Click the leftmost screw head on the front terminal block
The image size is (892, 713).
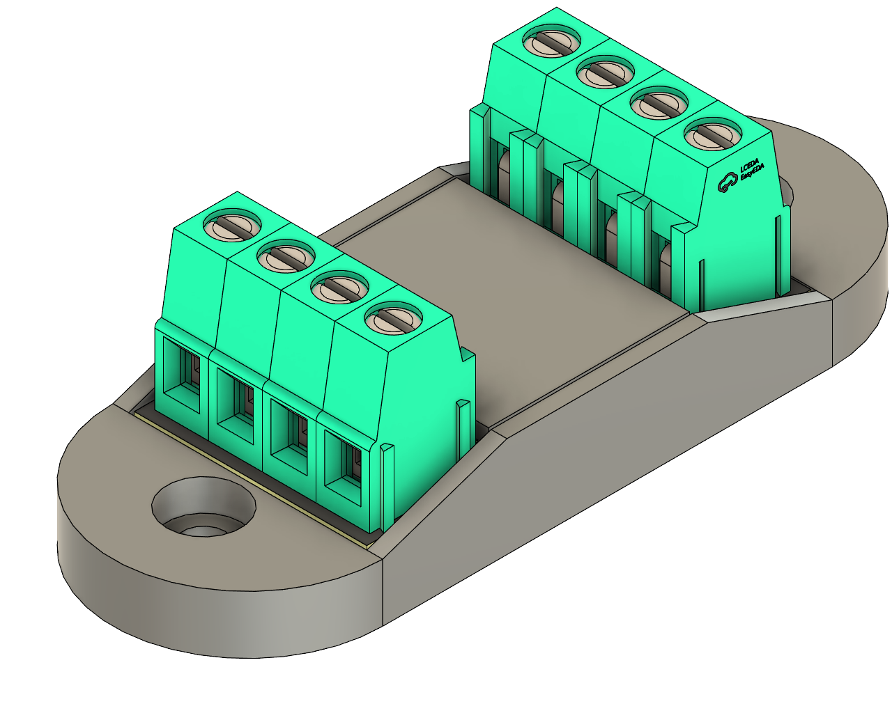pyautogui.click(x=232, y=226)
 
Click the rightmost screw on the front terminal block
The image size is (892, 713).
pyautogui.click(x=393, y=320)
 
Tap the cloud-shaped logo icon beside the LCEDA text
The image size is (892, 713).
pyautogui.click(x=727, y=184)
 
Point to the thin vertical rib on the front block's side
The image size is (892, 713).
pyautogui.click(x=462, y=432)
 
